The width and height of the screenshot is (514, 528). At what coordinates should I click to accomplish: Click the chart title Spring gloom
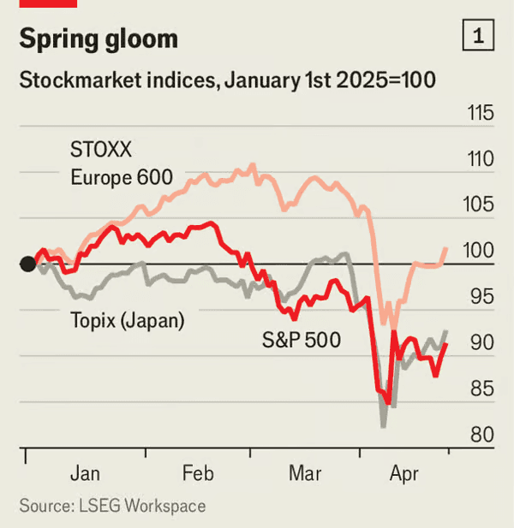tap(99, 39)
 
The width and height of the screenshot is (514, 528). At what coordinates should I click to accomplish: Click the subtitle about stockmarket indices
tap(227, 81)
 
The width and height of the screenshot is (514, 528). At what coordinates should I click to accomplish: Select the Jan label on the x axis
tap(86, 473)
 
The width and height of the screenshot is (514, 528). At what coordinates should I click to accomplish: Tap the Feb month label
tap(198, 473)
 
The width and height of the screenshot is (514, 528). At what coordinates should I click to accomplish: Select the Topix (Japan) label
tap(128, 321)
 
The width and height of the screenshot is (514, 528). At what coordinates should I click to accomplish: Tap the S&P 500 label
tap(301, 341)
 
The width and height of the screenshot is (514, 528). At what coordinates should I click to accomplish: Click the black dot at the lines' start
tap(27, 264)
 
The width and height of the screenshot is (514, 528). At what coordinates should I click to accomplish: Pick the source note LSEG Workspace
tap(112, 506)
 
